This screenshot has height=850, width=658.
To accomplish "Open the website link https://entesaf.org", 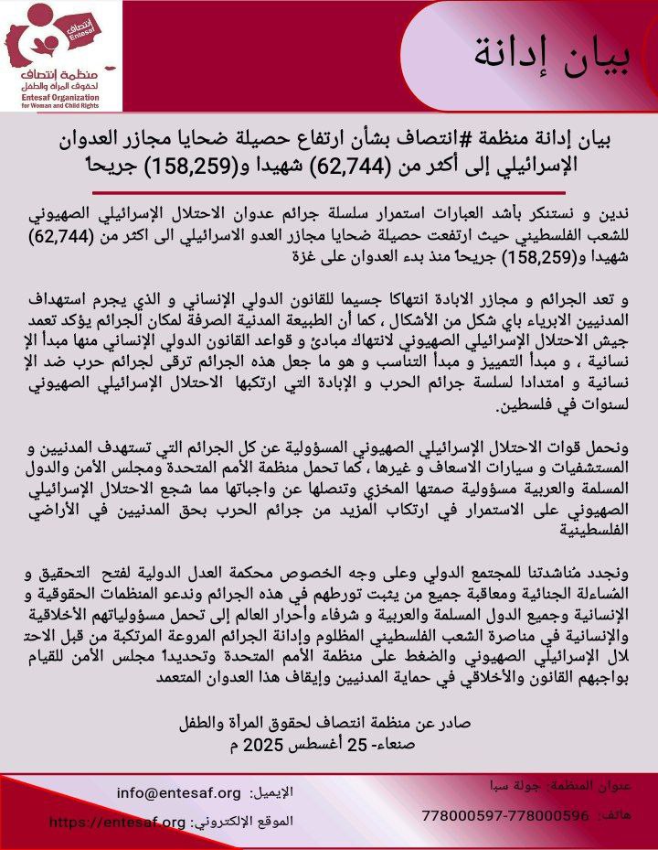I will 117,822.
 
